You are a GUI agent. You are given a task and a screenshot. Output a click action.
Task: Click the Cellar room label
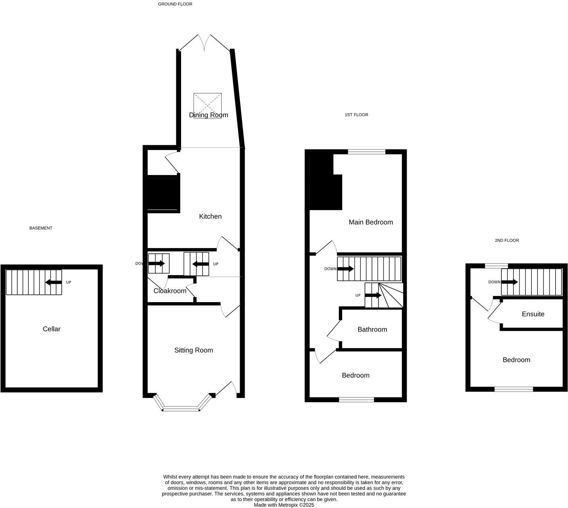52,329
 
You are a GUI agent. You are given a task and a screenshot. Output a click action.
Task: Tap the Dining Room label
209,115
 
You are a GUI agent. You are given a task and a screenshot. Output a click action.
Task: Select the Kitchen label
210,216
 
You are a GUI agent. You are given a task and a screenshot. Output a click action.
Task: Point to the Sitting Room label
194,350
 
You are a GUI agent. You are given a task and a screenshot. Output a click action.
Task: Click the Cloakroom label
170,291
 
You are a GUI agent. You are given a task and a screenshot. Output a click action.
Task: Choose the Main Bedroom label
371,222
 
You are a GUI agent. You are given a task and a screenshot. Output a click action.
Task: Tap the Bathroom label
372,329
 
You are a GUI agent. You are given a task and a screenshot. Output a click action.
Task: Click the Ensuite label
533,314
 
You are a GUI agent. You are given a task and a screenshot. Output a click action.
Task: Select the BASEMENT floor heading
41,228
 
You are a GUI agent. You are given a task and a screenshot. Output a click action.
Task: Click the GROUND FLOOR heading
175,4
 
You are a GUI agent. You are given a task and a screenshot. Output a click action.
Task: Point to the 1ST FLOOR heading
356,115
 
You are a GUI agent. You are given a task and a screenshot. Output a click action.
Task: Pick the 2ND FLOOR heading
507,240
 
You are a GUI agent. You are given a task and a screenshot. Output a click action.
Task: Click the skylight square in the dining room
208,103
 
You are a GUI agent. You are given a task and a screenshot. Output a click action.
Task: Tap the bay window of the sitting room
181,409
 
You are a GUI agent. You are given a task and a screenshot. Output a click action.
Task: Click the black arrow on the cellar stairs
53,282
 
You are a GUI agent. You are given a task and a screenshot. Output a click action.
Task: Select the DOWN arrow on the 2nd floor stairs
510,282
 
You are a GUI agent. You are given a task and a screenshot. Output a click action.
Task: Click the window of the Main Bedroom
367,152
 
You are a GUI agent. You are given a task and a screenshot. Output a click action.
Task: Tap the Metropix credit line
284,505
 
